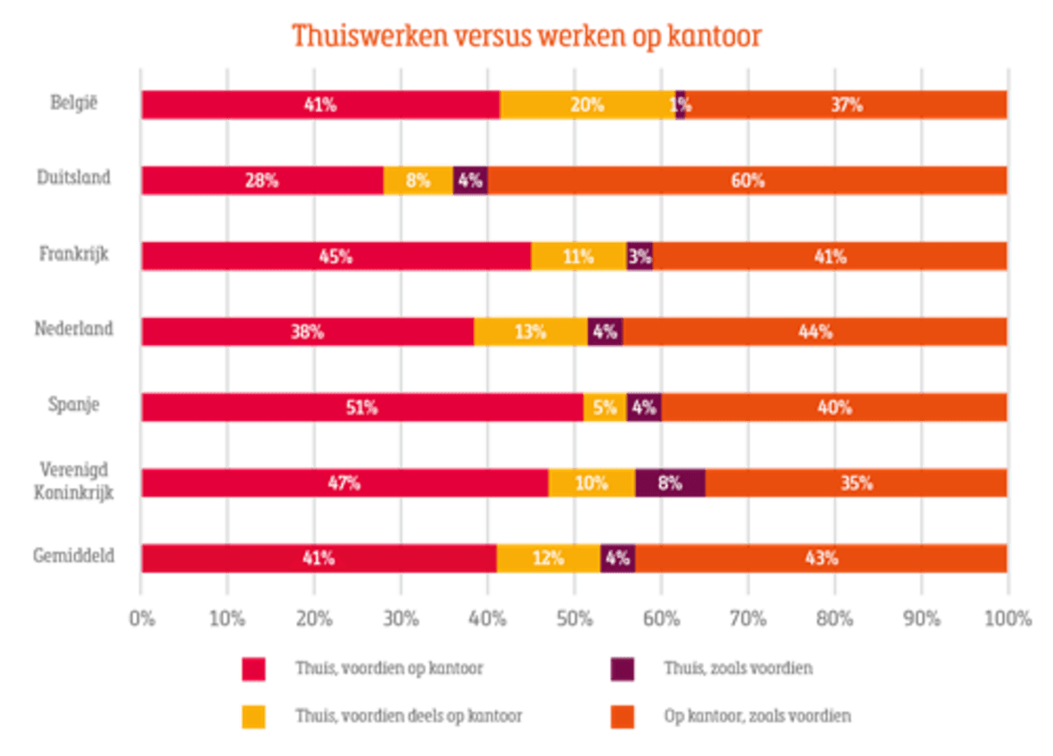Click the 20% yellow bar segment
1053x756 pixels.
587,104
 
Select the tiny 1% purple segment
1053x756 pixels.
680,104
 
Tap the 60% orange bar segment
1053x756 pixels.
747,181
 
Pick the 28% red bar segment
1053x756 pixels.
262,181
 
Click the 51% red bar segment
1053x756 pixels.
362,407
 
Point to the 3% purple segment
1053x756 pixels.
640,256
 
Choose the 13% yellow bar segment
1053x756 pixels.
530,332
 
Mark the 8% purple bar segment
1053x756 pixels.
670,482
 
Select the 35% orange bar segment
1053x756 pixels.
856,482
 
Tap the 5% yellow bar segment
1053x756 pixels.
605,407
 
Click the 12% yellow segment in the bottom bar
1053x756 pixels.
548,558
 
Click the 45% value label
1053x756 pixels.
336,256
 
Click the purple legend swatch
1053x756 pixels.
622,669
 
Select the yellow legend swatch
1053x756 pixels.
253,717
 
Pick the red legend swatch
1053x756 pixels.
253,669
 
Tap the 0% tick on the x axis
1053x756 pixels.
141,618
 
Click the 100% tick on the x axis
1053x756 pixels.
1007,618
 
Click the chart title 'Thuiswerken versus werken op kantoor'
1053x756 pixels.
526,36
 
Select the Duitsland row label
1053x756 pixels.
74,180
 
